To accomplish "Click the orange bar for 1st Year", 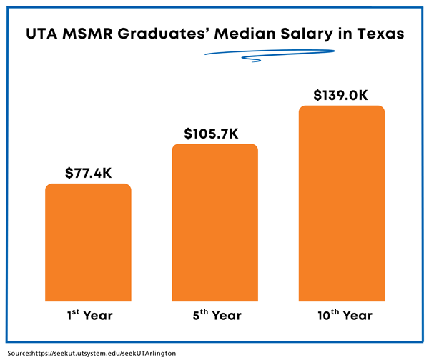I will (x=88, y=243).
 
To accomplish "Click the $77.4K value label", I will (x=88, y=173).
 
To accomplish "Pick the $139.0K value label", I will (x=342, y=95).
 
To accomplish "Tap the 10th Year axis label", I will (x=342, y=314).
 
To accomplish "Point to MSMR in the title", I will (x=90, y=34).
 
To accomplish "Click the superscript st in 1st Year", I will (x=73, y=310).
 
